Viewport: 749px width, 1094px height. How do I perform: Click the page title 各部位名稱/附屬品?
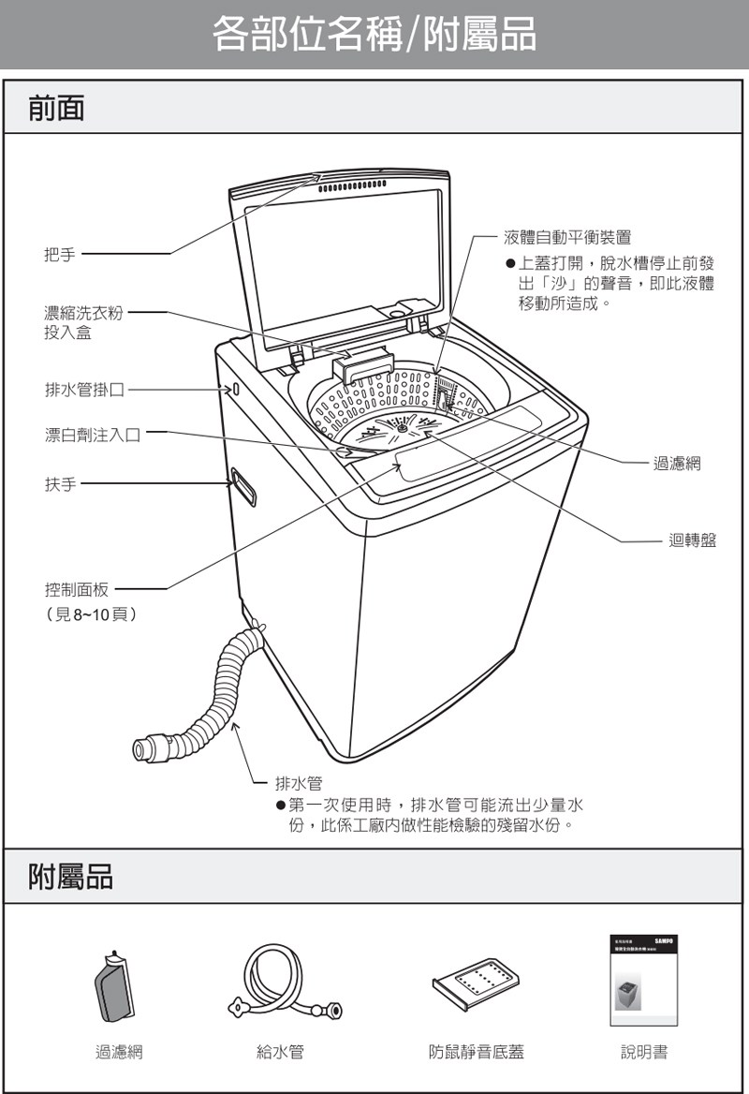pyautogui.click(x=374, y=35)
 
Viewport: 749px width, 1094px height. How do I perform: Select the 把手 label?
pyautogui.click(x=61, y=254)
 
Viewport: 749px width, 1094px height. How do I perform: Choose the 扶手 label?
pyautogui.click(x=61, y=484)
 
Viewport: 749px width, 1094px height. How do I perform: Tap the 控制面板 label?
pyautogui.click(x=77, y=589)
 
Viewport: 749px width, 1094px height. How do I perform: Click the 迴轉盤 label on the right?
pyautogui.click(x=692, y=540)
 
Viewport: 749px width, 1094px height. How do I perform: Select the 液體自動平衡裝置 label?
pyautogui.click(x=566, y=238)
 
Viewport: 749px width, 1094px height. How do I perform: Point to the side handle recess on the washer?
pyautogui.click(x=244, y=487)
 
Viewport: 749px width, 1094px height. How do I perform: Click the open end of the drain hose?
pyautogui.click(x=143, y=749)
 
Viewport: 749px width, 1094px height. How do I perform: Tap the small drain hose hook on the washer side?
pyautogui.click(x=234, y=388)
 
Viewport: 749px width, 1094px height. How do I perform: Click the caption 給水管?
pyautogui.click(x=280, y=1052)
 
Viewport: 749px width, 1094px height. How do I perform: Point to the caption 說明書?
pyautogui.click(x=644, y=1052)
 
